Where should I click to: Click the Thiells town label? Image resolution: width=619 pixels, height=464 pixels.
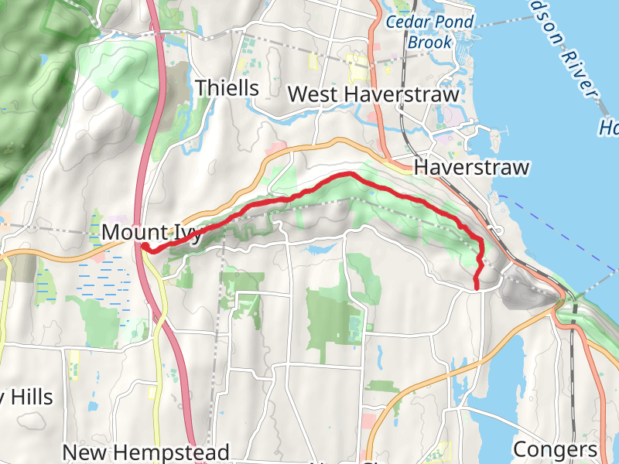click(227, 88)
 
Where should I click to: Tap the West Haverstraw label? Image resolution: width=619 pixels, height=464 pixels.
click(373, 94)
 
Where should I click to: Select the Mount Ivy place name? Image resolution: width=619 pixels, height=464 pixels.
click(152, 232)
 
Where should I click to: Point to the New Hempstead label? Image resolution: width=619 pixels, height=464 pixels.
click(145, 452)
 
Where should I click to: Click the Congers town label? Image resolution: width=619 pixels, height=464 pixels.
click(556, 449)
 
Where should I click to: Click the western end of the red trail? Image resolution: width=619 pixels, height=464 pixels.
click(143, 246)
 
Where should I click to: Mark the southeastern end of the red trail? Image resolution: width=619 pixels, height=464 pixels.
click(476, 288)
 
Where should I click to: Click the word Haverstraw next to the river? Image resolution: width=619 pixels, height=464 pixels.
click(471, 168)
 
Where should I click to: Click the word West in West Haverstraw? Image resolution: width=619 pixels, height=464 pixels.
click(311, 94)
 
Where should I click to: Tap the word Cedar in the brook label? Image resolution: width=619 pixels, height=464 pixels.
click(409, 22)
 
